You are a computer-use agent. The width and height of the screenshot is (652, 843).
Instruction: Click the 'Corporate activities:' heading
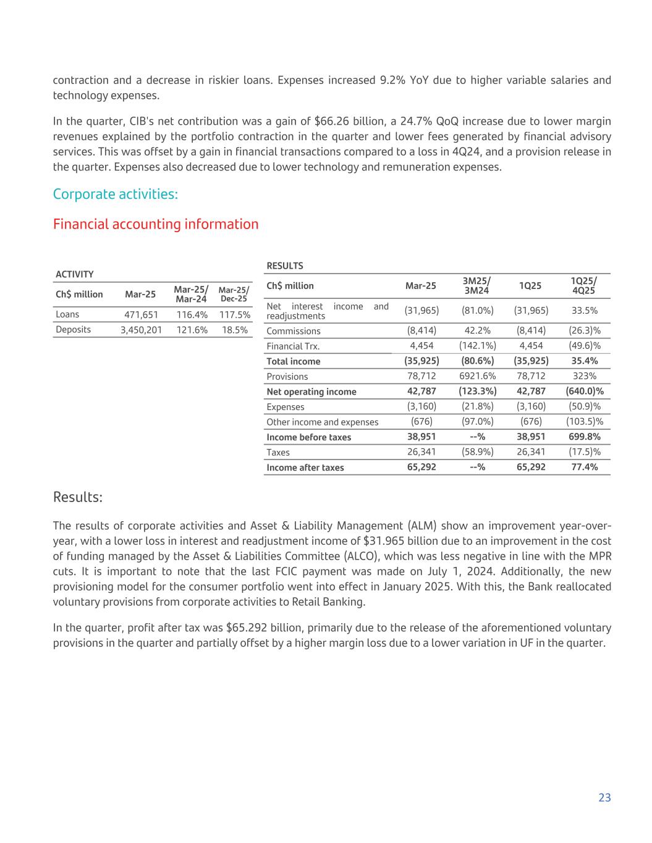pos(116,194)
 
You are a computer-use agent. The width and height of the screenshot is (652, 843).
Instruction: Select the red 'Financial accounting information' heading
pos(156,224)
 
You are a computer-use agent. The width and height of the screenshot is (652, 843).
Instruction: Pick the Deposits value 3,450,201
pos(141,330)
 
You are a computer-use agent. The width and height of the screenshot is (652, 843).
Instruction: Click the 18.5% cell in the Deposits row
pos(235,330)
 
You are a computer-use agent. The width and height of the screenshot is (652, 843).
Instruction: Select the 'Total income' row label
pos(293,361)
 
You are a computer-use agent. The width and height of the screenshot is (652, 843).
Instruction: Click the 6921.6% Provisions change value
pos(477,376)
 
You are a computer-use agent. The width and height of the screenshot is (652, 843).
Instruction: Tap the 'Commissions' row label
pos(293,331)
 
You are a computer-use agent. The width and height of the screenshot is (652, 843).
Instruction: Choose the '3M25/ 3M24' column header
pos(476,285)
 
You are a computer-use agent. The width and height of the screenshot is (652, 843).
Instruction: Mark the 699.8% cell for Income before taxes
pos(585,437)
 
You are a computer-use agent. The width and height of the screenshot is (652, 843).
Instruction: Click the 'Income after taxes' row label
pos(305,468)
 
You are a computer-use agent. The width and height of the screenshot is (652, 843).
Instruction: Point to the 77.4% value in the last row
pos(585,468)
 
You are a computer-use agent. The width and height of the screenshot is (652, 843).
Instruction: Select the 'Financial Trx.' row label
pos(293,346)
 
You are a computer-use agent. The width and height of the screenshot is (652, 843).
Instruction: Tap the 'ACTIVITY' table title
pos(74,274)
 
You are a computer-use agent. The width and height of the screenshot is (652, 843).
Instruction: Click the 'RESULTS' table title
pos(284,266)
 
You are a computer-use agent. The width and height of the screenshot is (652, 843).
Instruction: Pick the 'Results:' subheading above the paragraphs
pos(78,497)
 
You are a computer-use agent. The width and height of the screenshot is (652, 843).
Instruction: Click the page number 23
pos(604,797)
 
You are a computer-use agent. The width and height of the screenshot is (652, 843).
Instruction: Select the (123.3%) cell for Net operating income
pos(477,392)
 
